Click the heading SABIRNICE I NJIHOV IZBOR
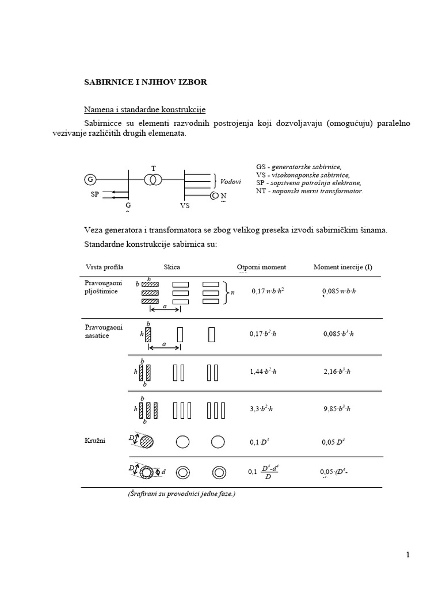coord(146,82)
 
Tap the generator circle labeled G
coord(90,179)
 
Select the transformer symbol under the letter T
coord(153,179)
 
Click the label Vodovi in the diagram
coord(230,181)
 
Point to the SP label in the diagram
coord(95,194)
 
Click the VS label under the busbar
coord(177,204)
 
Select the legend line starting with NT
coord(310,190)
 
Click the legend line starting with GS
coord(299,166)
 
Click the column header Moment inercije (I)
coord(342,267)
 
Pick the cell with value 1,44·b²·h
coord(263,372)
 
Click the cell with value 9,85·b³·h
coord(337,409)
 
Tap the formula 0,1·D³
coord(258,442)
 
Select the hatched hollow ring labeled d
coord(148,472)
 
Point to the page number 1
coord(407,554)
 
